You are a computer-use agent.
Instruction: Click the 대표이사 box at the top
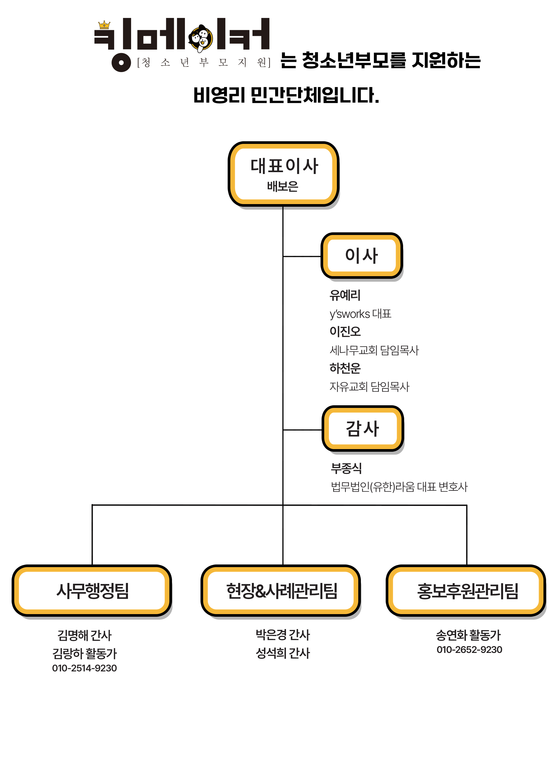click(283, 174)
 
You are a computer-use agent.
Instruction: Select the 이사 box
click(361, 256)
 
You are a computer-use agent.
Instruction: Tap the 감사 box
click(362, 429)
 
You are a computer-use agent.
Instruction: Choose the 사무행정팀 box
click(92, 591)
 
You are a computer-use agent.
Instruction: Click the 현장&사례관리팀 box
click(281, 591)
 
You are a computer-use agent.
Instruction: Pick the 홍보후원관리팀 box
click(467, 591)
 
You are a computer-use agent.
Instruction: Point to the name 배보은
click(283, 186)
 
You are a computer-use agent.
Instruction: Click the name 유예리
click(345, 295)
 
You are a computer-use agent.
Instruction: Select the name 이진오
click(345, 332)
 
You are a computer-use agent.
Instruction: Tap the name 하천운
click(345, 368)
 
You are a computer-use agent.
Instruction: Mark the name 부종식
click(346, 468)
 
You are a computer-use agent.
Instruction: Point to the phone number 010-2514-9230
click(84, 668)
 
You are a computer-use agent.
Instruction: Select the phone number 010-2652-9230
click(469, 649)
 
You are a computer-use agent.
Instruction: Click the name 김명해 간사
click(84, 635)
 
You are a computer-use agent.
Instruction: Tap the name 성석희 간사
click(283, 653)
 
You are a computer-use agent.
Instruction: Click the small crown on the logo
click(104, 25)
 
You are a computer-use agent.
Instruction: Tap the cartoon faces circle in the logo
click(200, 38)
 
